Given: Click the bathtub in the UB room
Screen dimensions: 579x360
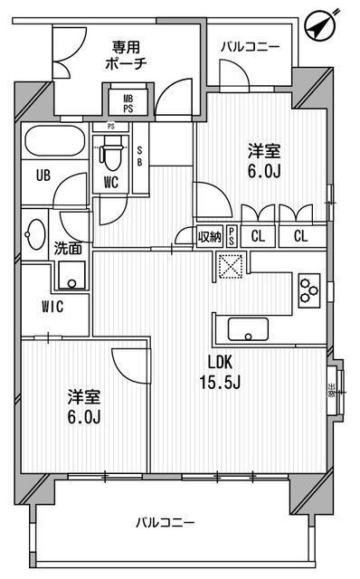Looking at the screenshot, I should point(54,142).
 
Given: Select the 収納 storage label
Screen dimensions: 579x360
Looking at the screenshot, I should point(210,237).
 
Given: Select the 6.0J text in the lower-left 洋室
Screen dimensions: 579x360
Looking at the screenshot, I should point(82,417).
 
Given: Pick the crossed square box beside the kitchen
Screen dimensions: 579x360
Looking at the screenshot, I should point(227,264).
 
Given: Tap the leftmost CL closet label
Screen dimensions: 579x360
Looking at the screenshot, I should point(258,237).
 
